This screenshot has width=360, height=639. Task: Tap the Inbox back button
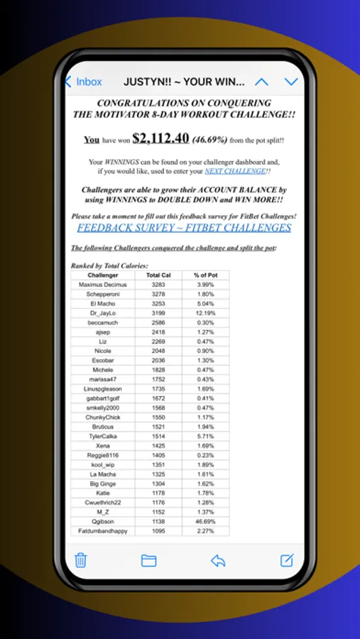[84, 82]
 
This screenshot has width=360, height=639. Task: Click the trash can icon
[81, 560]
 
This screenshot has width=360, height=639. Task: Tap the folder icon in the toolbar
[148, 560]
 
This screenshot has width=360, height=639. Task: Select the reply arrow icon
[218, 560]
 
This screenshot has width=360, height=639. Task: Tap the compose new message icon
[286, 560]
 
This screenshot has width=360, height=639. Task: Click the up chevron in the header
[261, 82]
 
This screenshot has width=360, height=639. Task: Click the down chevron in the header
[290, 82]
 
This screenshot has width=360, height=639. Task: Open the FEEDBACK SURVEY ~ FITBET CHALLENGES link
[184, 228]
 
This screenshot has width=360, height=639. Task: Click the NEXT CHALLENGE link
[236, 171]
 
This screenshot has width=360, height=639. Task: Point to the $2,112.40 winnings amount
[160, 138]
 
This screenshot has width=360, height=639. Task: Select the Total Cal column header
[158, 275]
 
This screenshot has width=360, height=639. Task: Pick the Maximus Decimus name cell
[103, 284]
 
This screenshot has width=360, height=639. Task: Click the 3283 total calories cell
[158, 284]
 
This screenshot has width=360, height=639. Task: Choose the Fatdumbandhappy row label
[103, 530]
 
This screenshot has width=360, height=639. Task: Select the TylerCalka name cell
[103, 436]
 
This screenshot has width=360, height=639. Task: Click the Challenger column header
[103, 275]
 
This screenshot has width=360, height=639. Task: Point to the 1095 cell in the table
[158, 530]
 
